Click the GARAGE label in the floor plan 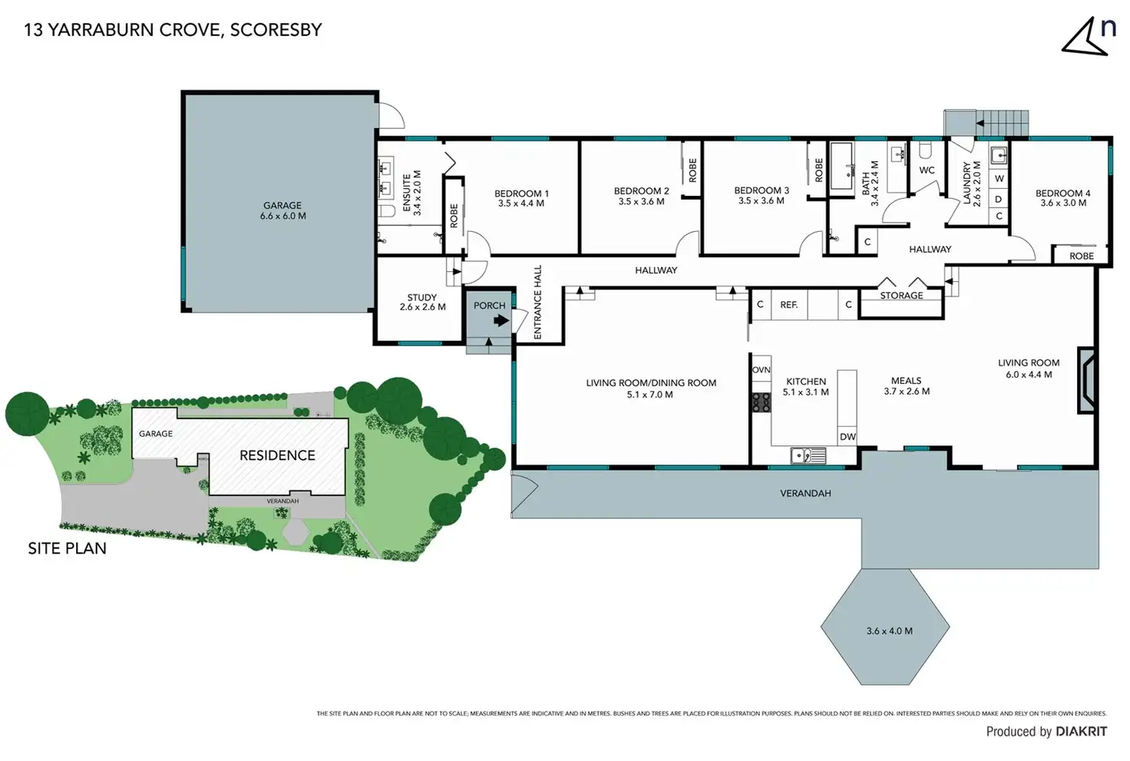click(282, 206)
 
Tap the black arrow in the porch click(501, 321)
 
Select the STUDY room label click(422, 297)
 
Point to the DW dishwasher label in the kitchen click(847, 437)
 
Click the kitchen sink click(808, 456)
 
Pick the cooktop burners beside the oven click(761, 402)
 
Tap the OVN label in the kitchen click(761, 370)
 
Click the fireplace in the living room click(1087, 380)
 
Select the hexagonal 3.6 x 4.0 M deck click(885, 627)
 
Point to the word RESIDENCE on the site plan click(277, 455)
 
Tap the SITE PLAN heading click(68, 548)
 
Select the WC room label click(927, 170)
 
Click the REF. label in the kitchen click(789, 305)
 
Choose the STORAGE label click(901, 296)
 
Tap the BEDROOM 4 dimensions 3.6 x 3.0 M click(1063, 203)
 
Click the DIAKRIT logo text click(1081, 732)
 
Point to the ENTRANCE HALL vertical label click(537, 303)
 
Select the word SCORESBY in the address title click(276, 30)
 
